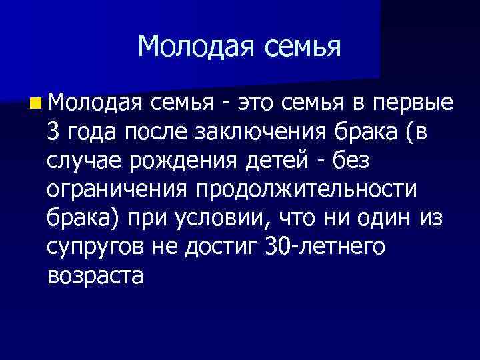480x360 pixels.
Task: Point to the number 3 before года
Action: coord(54,133)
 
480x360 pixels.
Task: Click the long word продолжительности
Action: coord(307,190)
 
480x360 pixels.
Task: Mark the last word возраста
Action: coord(95,275)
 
